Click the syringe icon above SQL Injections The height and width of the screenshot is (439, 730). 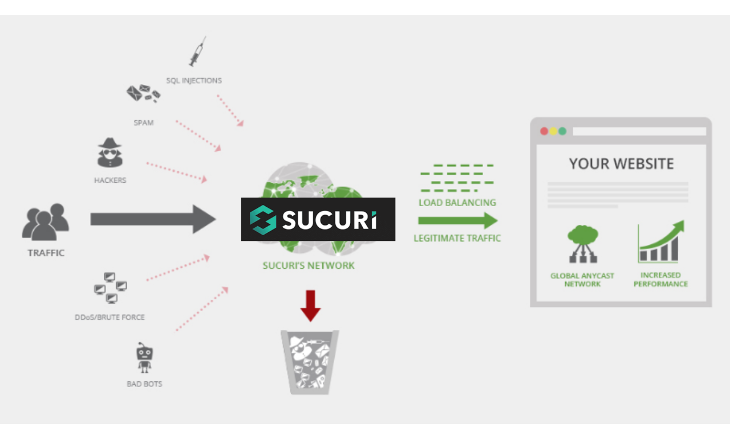click(197, 53)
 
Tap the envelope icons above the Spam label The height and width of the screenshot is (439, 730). click(143, 94)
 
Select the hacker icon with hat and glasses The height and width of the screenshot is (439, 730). click(110, 153)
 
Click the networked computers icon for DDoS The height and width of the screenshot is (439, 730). click(110, 288)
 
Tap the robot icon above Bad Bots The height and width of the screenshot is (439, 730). click(144, 359)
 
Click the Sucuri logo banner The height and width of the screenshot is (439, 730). click(318, 219)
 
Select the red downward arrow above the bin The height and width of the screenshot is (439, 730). click(310, 305)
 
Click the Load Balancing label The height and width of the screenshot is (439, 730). click(457, 203)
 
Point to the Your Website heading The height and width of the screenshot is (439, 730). click(621, 164)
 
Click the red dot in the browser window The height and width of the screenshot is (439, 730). click(544, 131)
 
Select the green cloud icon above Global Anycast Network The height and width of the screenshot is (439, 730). click(582, 243)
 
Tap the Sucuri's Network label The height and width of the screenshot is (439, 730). click(309, 265)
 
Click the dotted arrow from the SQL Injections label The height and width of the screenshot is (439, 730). click(230, 110)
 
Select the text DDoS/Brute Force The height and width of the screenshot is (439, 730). click(109, 317)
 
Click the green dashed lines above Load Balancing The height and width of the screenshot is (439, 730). click(457, 178)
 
